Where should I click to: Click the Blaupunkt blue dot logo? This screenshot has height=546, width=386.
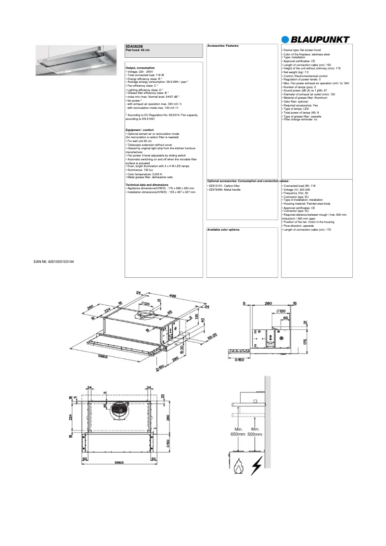click(286, 40)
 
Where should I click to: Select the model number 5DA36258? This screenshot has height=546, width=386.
click(133, 46)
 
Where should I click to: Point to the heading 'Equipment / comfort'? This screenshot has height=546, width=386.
click(140, 130)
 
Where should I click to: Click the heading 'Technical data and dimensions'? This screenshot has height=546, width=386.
click(147, 184)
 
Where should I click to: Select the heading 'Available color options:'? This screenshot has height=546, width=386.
click(223, 230)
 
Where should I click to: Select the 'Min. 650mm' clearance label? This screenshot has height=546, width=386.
click(238, 431)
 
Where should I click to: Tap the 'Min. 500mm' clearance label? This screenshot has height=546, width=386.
click(255, 431)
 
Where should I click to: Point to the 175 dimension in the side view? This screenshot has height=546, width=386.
click(305, 341)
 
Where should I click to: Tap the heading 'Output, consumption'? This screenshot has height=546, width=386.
click(140, 68)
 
